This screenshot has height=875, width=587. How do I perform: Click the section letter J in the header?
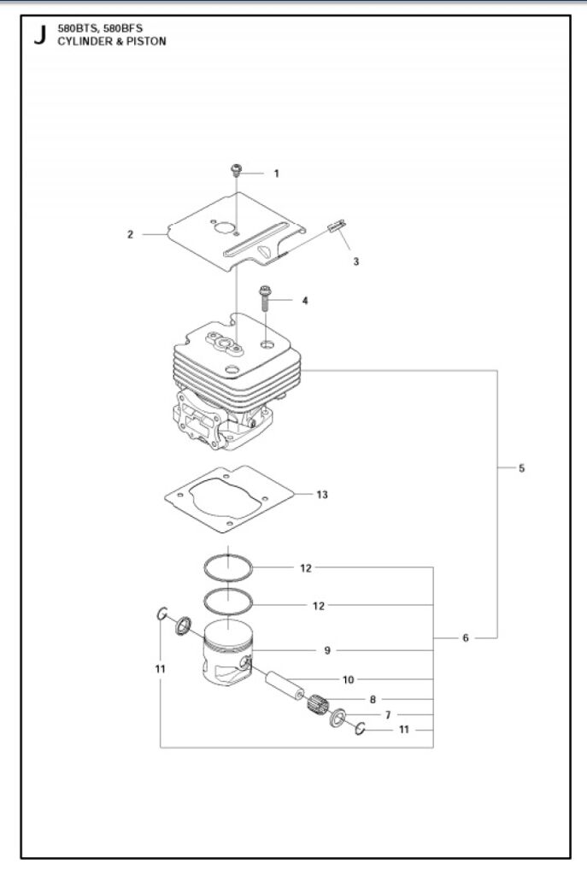coord(38,37)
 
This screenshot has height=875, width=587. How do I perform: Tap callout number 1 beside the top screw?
coord(276,173)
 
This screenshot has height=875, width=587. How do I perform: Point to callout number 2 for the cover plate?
coord(130,234)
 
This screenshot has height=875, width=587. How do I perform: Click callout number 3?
coord(355,261)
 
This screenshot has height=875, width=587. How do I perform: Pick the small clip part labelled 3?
coord(336,226)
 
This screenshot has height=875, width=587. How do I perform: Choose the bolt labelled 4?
coord(266,298)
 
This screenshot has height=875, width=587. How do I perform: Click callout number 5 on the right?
coord(521,468)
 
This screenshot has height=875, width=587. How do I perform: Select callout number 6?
coord(466,637)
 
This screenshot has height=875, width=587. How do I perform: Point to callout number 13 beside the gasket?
coord(321,495)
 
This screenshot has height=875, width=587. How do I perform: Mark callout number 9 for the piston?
coord(327,650)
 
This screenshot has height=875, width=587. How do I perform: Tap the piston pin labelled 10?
coord(288,683)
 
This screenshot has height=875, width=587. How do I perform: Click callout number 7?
coord(387,714)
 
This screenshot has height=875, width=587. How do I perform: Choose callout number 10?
coord(348,680)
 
